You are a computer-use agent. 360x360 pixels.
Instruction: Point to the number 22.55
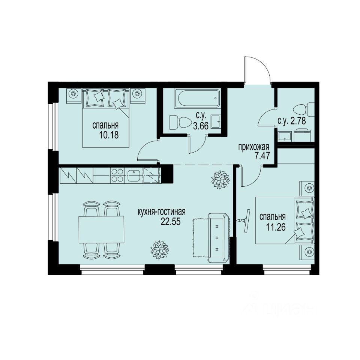point(171,221)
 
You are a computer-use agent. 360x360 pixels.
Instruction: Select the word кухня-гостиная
point(162,213)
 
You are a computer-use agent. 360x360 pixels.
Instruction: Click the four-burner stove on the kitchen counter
point(117,175)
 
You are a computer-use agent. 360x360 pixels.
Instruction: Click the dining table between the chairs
point(101,230)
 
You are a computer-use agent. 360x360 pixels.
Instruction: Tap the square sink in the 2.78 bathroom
point(285,136)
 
